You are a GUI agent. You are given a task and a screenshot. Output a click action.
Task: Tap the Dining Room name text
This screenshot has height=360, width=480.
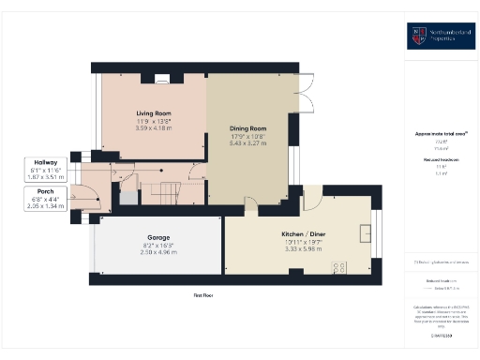[x=248, y=127]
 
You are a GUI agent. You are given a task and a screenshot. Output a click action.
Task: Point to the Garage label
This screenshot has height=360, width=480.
[x=157, y=238]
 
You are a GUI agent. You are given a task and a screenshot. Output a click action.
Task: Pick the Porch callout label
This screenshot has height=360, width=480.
[x=41, y=191]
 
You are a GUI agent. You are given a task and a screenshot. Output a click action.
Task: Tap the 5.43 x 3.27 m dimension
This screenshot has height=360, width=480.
[x=248, y=142]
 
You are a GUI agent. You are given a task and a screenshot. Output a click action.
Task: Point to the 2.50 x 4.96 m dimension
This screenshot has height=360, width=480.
[x=157, y=252]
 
